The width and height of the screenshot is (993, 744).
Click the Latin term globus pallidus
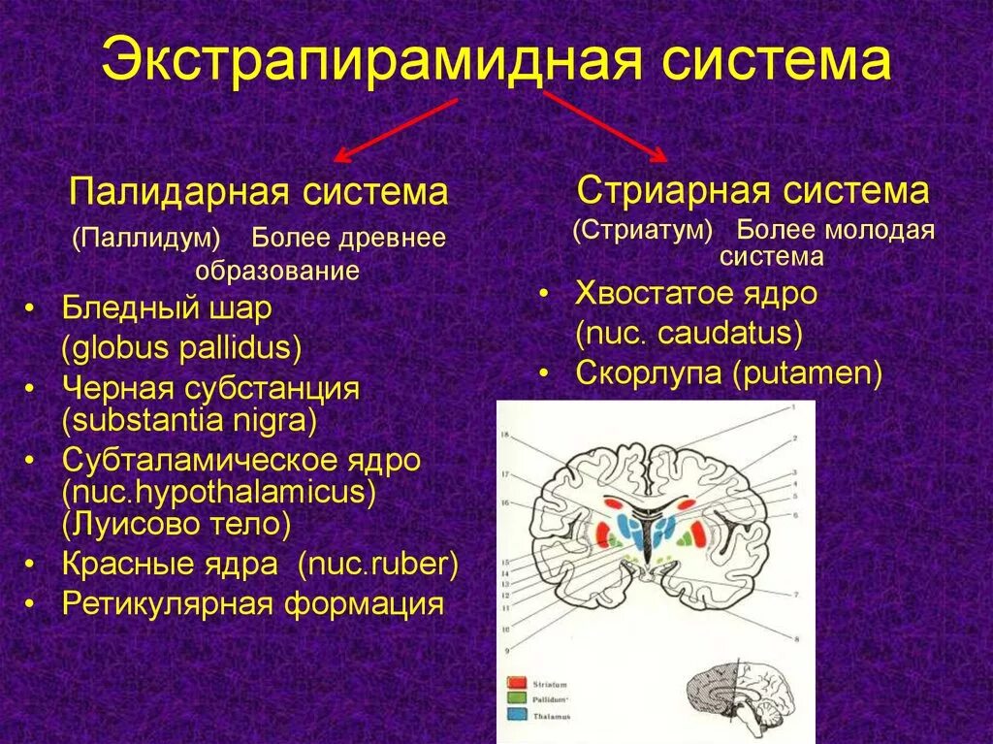pos(182,347)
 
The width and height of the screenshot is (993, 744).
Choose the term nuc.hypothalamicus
pos(219,492)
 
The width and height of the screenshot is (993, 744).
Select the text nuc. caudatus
pos(689,334)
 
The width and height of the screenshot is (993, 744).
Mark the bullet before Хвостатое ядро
pos(546,294)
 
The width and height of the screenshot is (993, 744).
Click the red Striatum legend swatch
pos(515,683)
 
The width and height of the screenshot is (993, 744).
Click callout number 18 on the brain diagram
pos(504,436)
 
